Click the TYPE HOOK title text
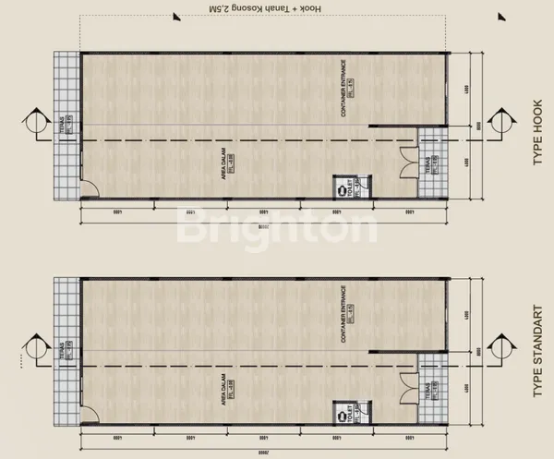click(536, 139)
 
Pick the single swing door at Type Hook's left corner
click(90, 191)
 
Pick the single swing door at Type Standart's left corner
click(90, 417)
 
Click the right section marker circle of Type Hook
click(505, 123)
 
